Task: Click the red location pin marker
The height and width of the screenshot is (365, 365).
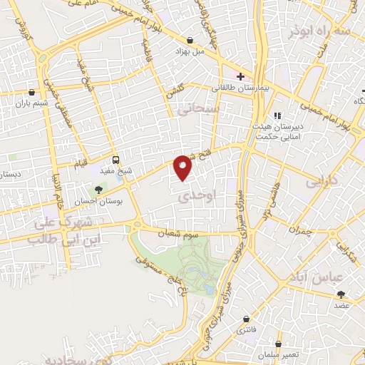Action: click(x=183, y=167)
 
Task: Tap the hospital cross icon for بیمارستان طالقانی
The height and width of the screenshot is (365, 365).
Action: click(x=240, y=76)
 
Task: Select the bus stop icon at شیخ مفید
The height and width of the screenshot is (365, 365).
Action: click(x=116, y=160)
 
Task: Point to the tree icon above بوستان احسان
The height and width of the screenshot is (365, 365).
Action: click(x=98, y=189)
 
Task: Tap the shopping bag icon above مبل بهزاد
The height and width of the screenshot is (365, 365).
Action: click(x=190, y=41)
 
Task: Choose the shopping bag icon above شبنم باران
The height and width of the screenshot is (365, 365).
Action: click(x=31, y=92)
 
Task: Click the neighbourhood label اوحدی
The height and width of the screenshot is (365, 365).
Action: click(x=192, y=193)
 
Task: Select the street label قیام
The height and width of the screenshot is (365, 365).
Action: click(x=81, y=163)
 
